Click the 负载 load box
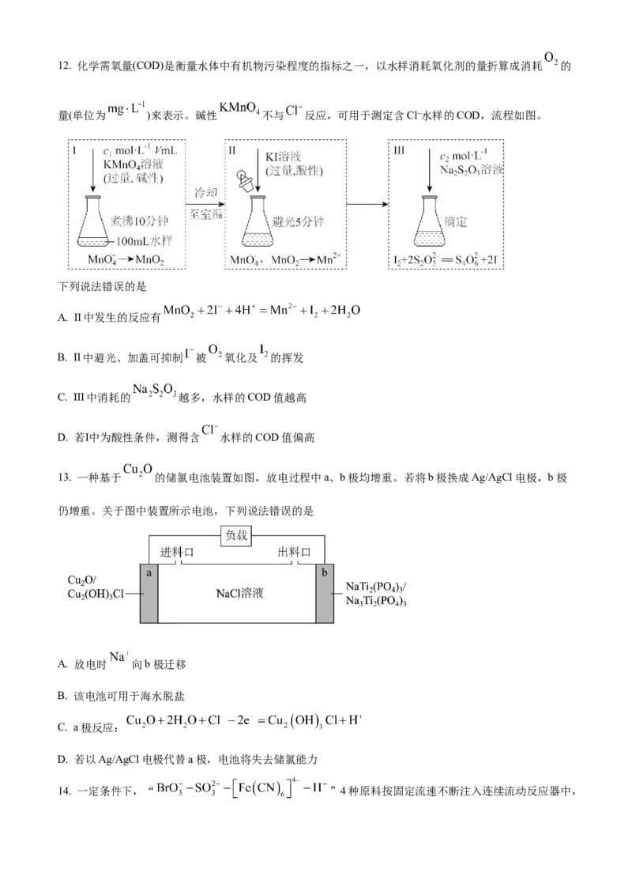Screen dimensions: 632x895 pos(236,536)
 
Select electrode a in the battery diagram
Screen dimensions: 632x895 pos(149,593)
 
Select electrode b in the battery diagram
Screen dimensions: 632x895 pos(325,593)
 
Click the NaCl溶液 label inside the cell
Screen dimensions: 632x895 pos(239,594)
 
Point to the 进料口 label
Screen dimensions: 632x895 pos(177,552)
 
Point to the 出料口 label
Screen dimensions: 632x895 pos(294,552)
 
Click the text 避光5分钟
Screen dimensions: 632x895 pos(298,221)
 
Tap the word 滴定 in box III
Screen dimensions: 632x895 pos(456,221)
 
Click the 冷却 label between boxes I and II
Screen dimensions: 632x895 pos(206,192)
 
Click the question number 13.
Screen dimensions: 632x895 pos(65,478)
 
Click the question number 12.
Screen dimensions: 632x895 pos(65,66)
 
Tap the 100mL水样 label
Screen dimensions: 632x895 pos(144,241)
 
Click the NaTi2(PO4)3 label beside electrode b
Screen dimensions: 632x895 pos(376,587)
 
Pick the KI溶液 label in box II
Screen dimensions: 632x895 pos(283,157)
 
